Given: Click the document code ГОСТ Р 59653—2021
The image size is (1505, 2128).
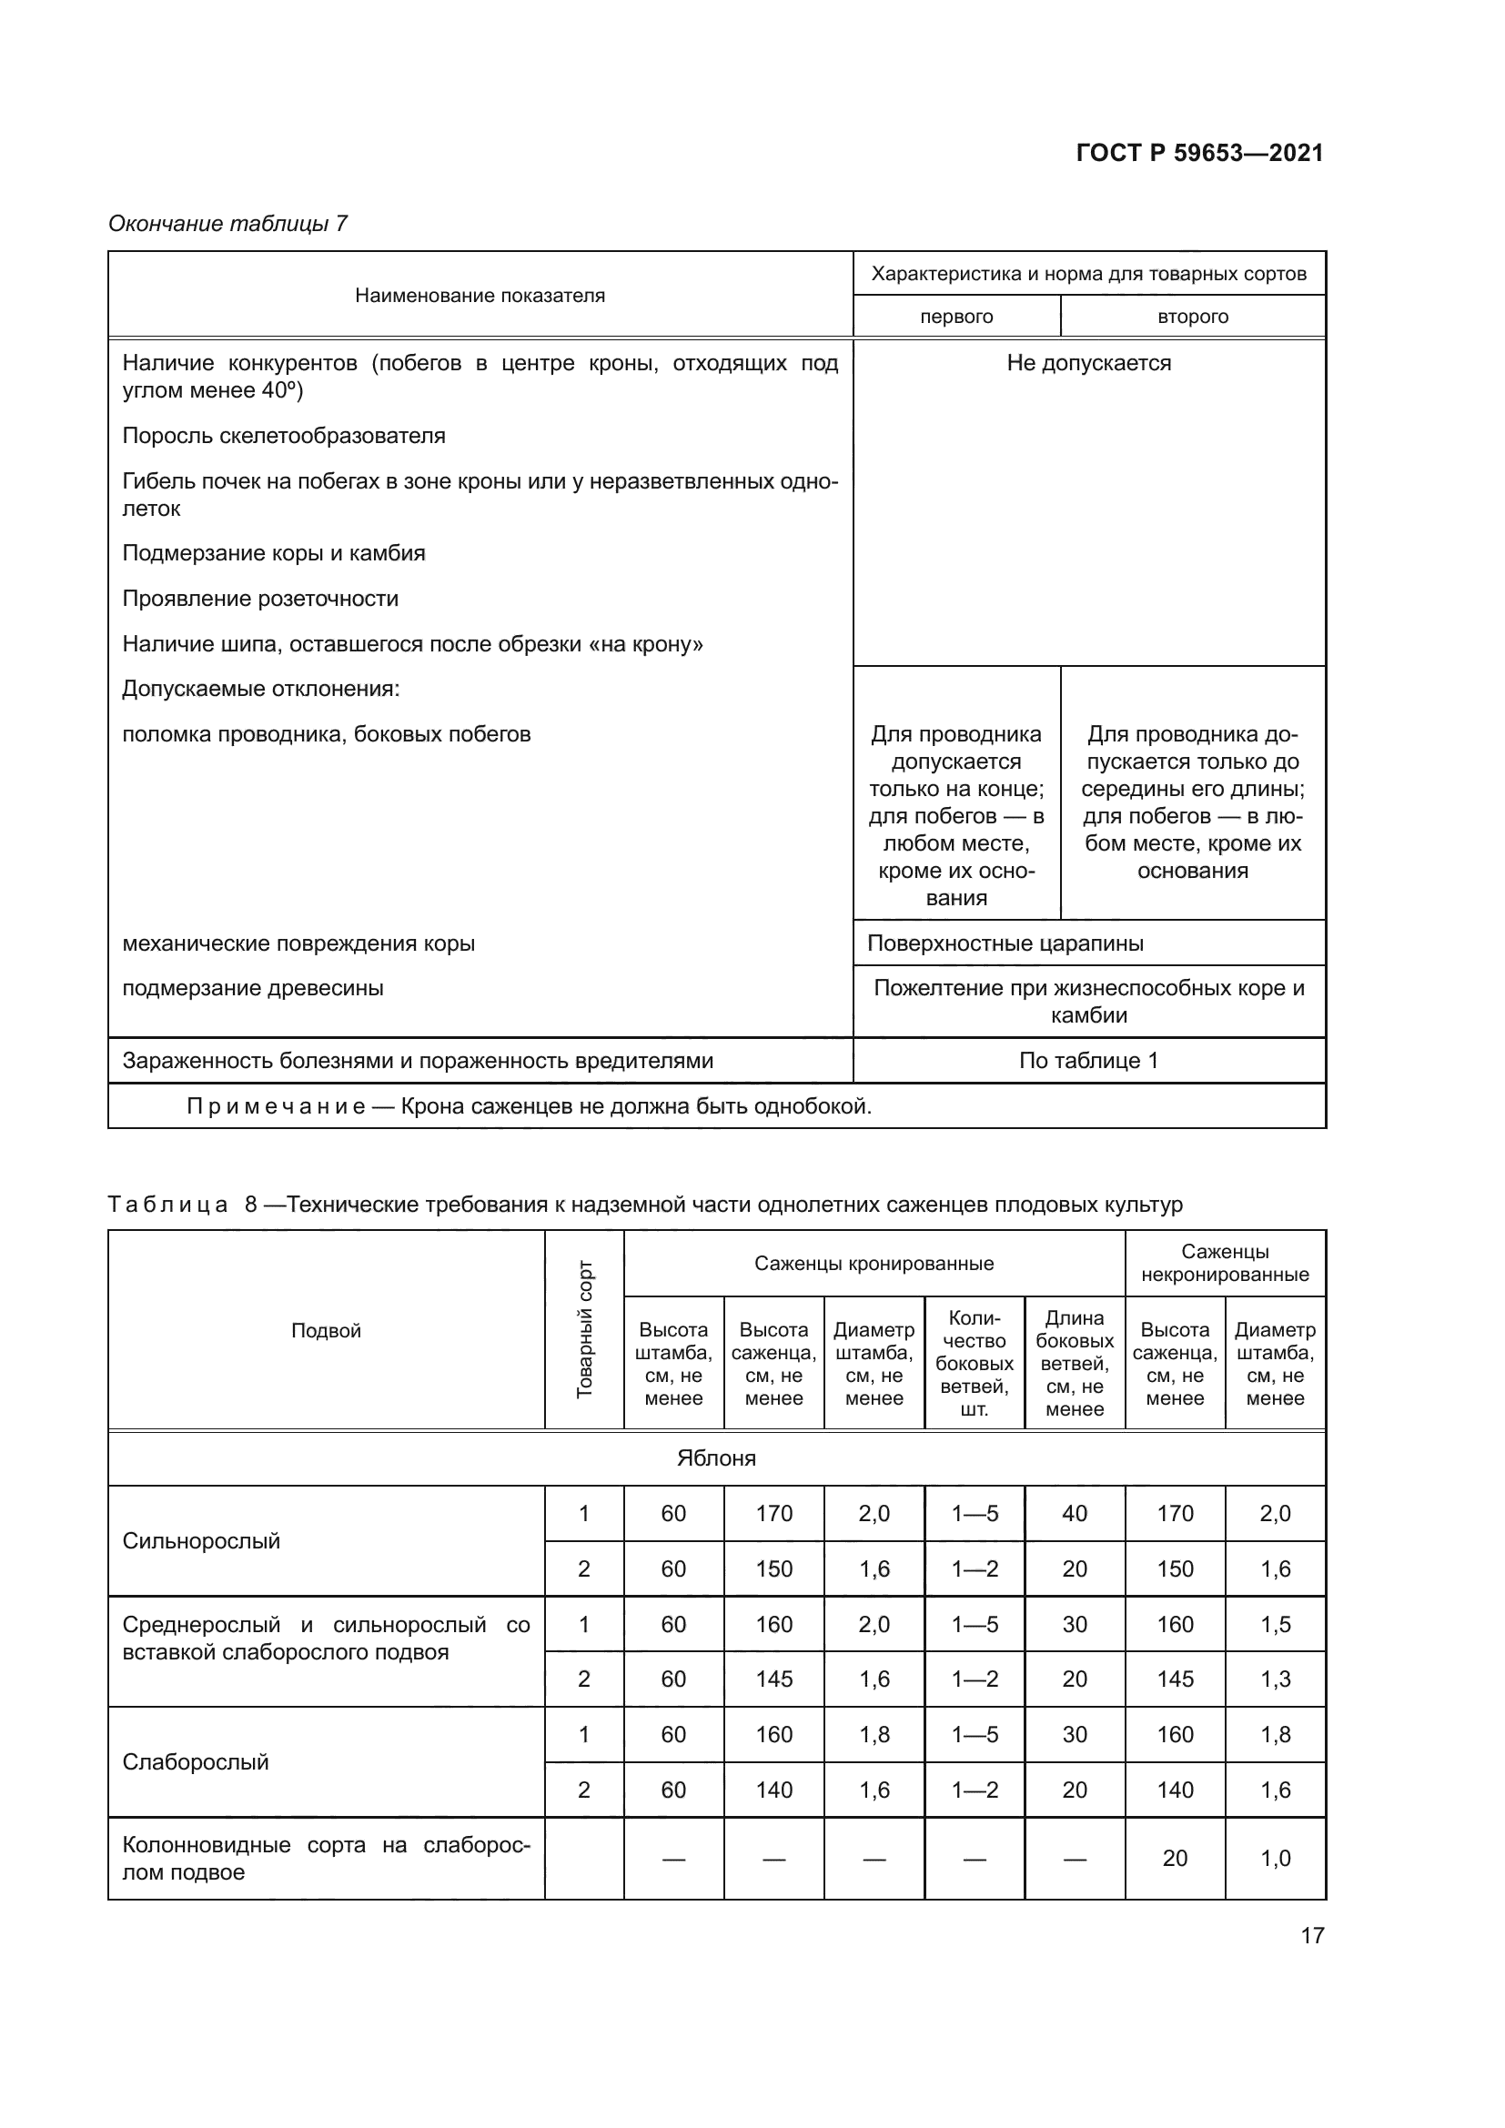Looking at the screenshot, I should click(1199, 153).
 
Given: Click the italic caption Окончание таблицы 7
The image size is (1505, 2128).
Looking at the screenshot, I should click(228, 224).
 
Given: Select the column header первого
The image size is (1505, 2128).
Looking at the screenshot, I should click(955, 317).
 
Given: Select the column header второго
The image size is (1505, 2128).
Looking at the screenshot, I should click(1192, 317).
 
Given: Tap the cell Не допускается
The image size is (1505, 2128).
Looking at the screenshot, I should click(1088, 363).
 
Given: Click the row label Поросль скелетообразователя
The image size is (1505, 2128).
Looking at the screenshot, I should click(284, 436).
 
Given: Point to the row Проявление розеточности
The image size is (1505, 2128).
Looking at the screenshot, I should click(260, 599).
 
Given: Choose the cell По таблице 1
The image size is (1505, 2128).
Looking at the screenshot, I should click(1088, 1060).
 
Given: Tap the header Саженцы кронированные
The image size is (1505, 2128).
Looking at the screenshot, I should click(873, 1264).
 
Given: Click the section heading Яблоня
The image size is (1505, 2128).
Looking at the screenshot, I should click(715, 1457).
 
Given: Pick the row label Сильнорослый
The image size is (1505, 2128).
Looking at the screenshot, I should click(201, 1540).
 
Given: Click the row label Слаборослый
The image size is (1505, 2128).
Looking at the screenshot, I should click(196, 1761).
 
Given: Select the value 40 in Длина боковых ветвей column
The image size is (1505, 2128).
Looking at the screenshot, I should click(1074, 1514).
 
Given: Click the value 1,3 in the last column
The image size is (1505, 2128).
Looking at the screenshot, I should click(1274, 1679).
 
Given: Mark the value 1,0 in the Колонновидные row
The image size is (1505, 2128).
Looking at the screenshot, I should click(1274, 1859).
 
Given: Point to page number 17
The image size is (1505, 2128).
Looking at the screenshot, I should click(1312, 1935).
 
